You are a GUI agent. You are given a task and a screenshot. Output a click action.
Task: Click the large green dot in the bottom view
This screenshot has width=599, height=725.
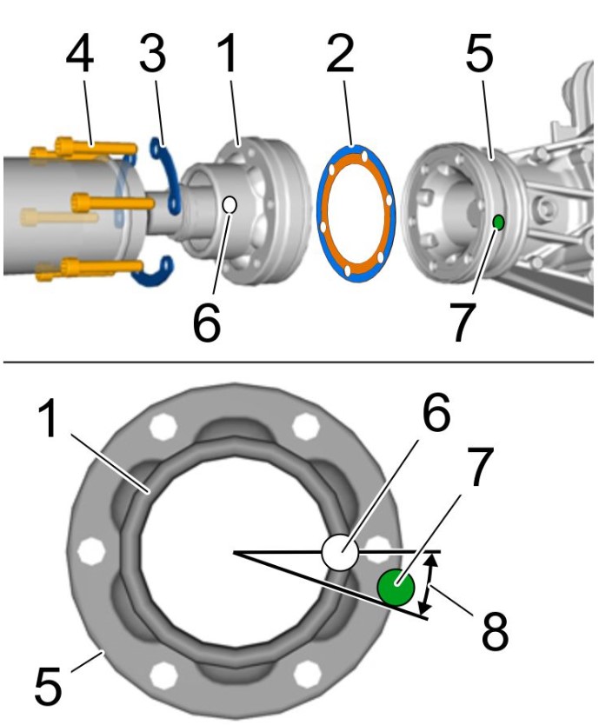click(x=395, y=588)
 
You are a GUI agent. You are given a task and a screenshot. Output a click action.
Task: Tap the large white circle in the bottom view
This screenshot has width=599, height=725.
click(x=340, y=553)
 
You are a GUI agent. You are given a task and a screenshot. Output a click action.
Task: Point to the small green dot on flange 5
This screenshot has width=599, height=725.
click(x=498, y=223)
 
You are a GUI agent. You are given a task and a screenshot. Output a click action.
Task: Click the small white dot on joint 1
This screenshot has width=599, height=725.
click(x=230, y=205)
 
